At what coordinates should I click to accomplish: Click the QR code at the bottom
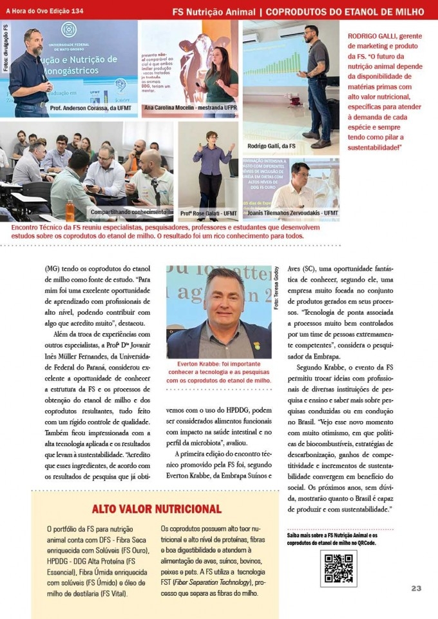click(338, 568)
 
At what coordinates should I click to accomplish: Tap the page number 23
click(416, 588)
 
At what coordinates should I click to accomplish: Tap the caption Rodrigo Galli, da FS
click(271, 146)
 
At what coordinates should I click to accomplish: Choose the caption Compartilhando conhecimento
click(128, 211)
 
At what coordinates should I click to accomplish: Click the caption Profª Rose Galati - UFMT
click(208, 213)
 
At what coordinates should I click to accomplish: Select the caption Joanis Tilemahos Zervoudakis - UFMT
click(290, 213)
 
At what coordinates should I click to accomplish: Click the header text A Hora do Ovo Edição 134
click(44, 11)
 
